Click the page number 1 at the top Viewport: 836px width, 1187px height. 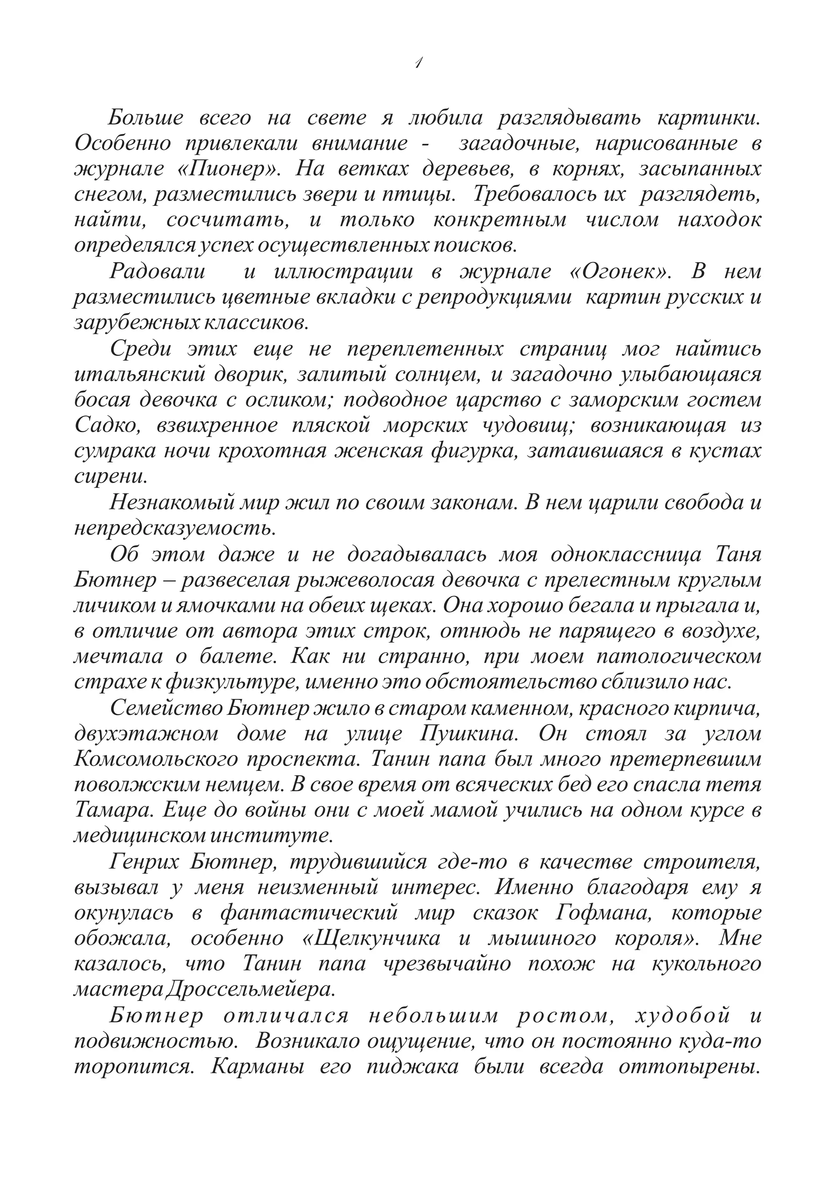(418, 63)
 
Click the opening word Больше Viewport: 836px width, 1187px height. (145, 118)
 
